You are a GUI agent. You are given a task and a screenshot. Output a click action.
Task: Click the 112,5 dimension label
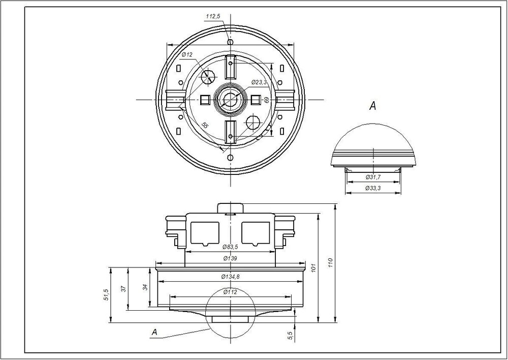[213, 16]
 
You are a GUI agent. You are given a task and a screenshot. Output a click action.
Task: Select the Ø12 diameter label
[187, 54]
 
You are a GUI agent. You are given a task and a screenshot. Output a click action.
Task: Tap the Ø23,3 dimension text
[259, 82]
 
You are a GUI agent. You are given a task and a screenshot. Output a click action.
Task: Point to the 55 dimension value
[205, 125]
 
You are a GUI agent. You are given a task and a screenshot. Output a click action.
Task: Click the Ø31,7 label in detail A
[373, 177]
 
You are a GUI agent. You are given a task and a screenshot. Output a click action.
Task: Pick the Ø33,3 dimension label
[373, 188]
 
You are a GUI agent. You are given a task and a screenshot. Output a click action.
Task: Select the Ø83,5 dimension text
[230, 247]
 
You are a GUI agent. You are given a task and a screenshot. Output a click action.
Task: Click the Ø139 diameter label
[230, 258]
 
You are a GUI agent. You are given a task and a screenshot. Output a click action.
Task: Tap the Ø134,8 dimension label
[230, 277]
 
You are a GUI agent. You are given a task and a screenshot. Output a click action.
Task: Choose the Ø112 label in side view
[230, 292]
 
